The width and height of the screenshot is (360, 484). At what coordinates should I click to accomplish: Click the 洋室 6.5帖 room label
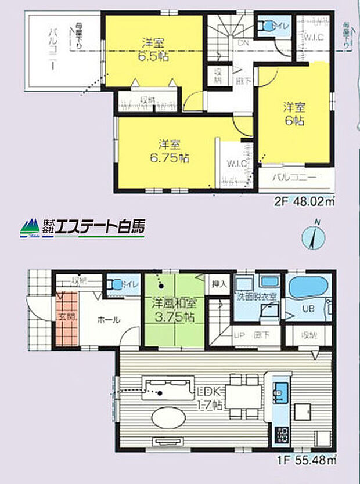[154, 49]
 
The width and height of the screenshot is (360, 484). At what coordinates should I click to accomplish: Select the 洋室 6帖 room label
[294, 114]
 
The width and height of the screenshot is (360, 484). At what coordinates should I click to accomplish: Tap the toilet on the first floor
[118, 285]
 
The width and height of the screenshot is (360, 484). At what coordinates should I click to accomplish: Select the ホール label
[109, 320]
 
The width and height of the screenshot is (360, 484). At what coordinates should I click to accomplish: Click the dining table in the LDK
[243, 397]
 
